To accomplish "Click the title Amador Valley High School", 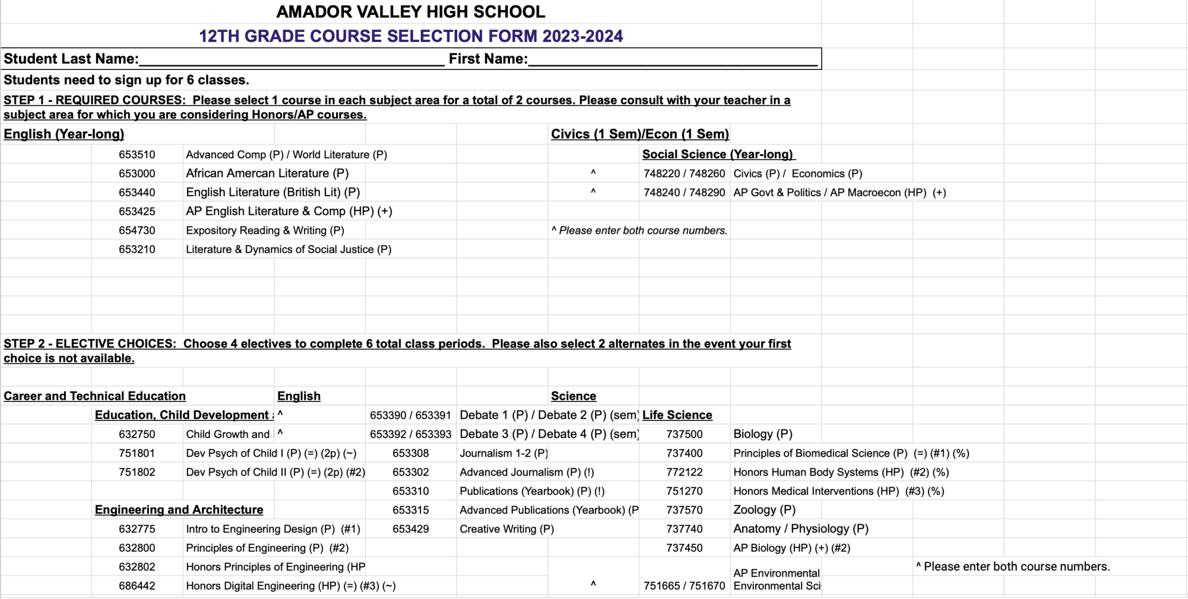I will coord(410,12).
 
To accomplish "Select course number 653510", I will coord(137,155).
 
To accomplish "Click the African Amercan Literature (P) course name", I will coord(267,173).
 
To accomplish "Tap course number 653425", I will coord(137,211).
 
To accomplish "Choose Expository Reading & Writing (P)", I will coord(265,231).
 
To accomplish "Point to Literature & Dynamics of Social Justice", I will coord(289,250).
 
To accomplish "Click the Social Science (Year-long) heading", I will coord(718,155).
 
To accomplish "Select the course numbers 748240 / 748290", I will coord(684,193).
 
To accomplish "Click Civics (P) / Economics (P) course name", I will coord(797,174).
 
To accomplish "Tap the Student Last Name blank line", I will coord(291,60).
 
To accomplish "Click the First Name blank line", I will coord(672,60).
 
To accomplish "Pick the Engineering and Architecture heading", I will coord(179,510).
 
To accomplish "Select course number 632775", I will coord(137,529).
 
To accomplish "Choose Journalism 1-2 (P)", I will coord(503,453).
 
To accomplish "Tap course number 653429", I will coord(410,529).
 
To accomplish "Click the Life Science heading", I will coord(677,415).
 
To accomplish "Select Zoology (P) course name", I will coord(764,510).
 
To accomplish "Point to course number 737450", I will coord(684,548).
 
